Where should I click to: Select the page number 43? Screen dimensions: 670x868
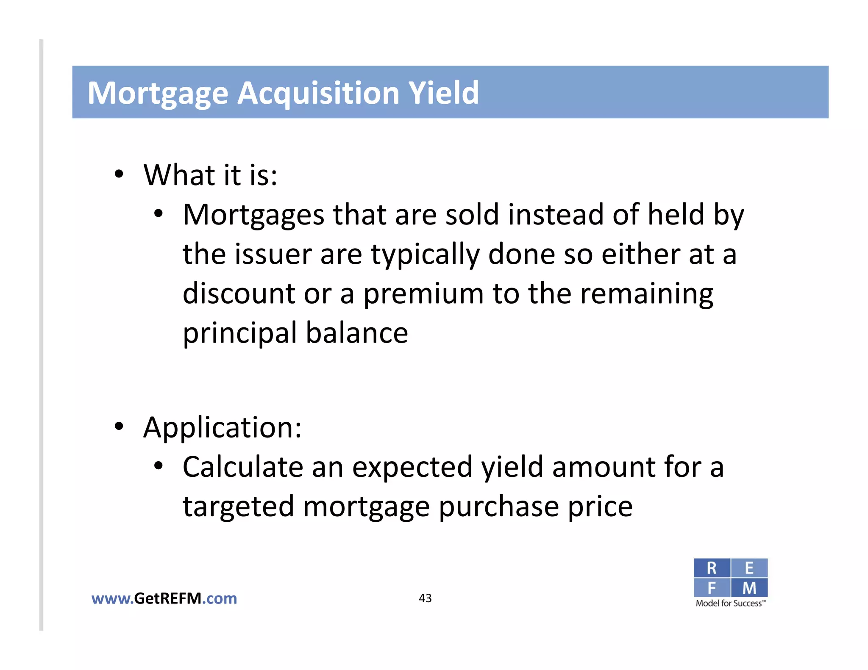[425, 598]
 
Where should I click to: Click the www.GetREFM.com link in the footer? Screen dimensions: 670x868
[164, 598]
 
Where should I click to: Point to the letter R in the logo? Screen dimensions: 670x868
[712, 568]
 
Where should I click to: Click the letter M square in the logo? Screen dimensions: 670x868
[749, 588]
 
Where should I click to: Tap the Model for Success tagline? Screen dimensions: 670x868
[730, 604]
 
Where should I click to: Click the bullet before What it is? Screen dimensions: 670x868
[119, 174]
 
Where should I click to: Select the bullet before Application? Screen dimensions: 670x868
[119, 426]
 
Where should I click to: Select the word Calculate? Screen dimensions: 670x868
[243, 467]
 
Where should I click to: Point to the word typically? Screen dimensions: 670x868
[425, 255]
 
